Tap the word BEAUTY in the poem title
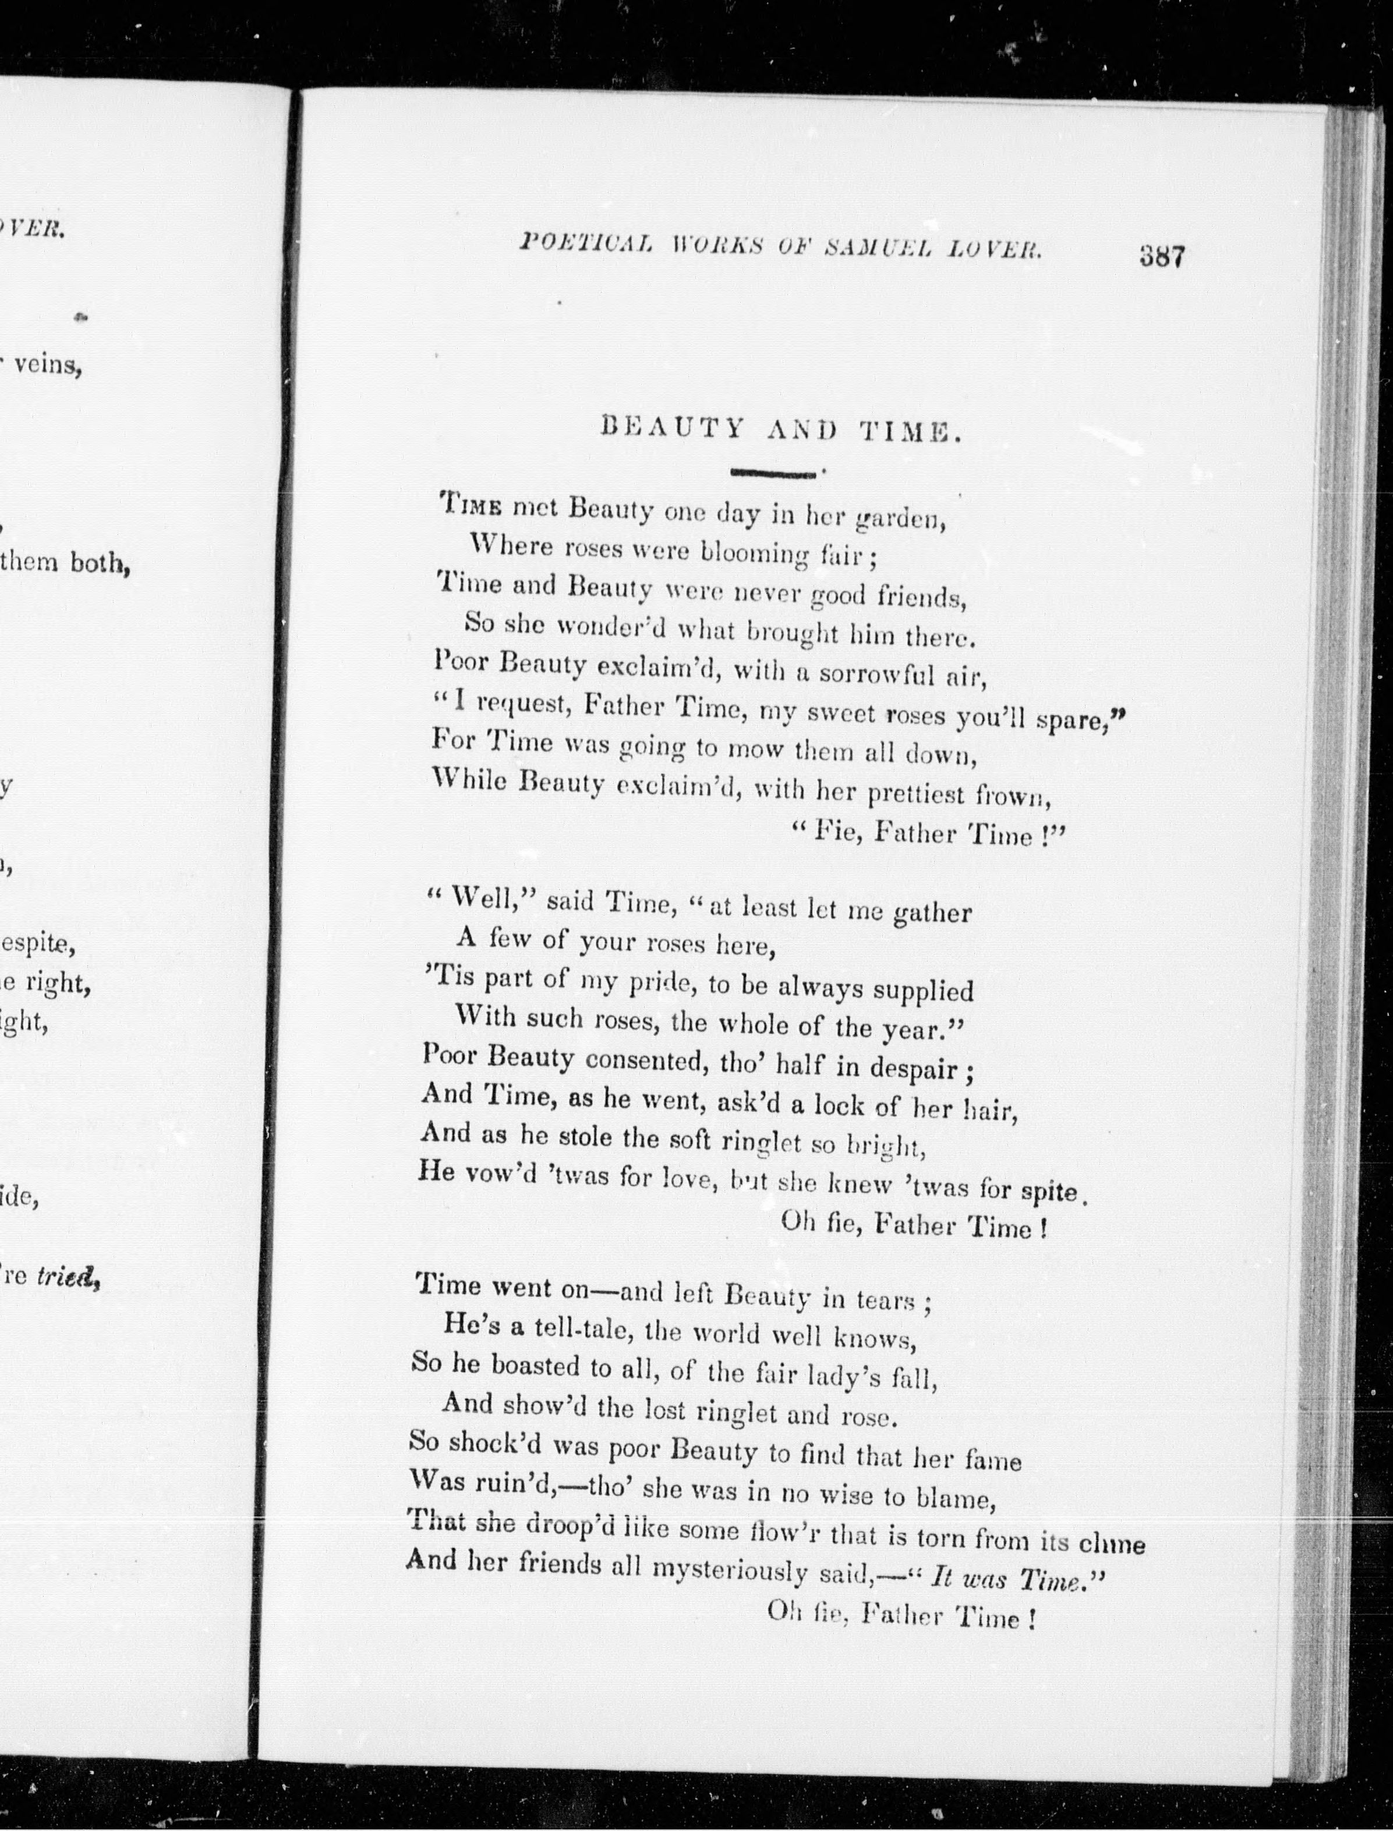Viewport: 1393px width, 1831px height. [671, 430]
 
